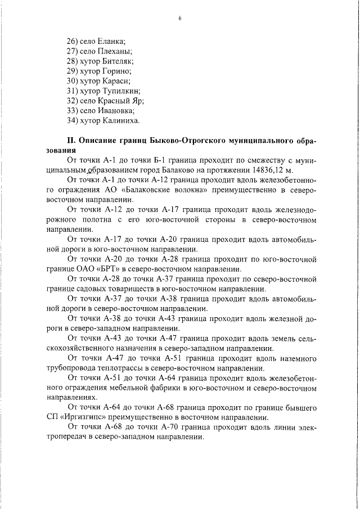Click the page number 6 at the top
[179, 18]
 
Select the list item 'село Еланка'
[95, 42]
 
